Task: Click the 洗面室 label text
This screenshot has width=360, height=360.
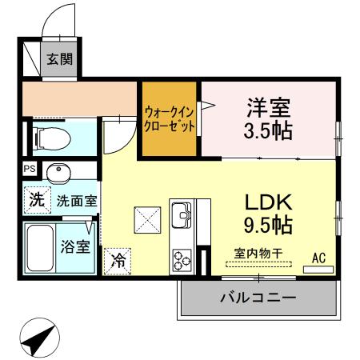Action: [x=76, y=201]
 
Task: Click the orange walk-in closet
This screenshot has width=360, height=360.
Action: [x=170, y=120]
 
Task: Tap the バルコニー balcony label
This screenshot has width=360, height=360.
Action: [x=258, y=298]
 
